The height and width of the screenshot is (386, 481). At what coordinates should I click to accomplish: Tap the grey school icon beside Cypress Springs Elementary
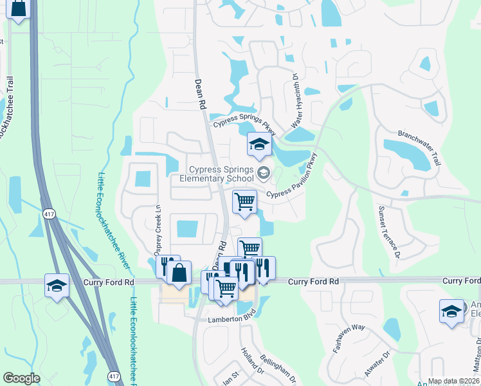pyautogui.click(x=263, y=172)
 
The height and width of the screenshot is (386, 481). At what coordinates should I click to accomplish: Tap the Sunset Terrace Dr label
pyautogui.click(x=388, y=232)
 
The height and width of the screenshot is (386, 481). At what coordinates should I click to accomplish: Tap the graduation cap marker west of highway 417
pyautogui.click(x=57, y=285)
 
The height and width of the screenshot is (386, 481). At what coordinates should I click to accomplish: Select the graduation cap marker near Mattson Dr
pyautogui.click(x=451, y=311)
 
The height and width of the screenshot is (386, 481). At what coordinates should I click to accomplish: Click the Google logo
pyautogui.click(x=21, y=379)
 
